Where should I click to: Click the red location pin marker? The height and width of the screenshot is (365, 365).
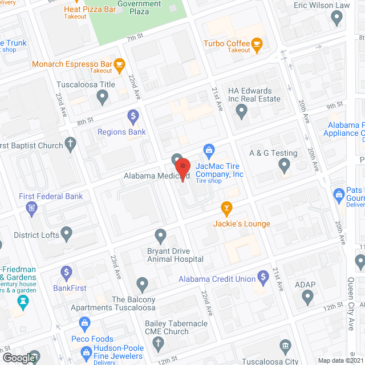pos(182,170)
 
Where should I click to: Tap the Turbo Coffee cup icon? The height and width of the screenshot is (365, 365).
pos(257,43)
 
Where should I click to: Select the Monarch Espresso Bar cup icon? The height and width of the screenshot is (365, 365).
pos(119,64)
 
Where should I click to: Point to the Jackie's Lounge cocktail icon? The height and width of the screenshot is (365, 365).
pos(226,209)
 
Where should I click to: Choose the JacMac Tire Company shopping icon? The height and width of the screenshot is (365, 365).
pos(209,151)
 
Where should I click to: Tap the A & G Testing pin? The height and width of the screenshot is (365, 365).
pos(285,166)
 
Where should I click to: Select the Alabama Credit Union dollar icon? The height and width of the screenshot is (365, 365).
pos(263,278)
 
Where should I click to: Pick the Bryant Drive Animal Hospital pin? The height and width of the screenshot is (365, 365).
pos(161,235)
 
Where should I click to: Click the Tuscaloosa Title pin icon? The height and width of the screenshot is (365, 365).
pos(103,98)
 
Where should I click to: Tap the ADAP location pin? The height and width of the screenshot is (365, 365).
pos(308,297)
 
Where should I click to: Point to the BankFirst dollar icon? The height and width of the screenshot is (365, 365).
pos(67,273)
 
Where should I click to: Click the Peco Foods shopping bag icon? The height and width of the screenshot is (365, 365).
pos(85,324)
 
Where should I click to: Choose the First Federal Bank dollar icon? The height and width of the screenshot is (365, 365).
pos(31,212)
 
